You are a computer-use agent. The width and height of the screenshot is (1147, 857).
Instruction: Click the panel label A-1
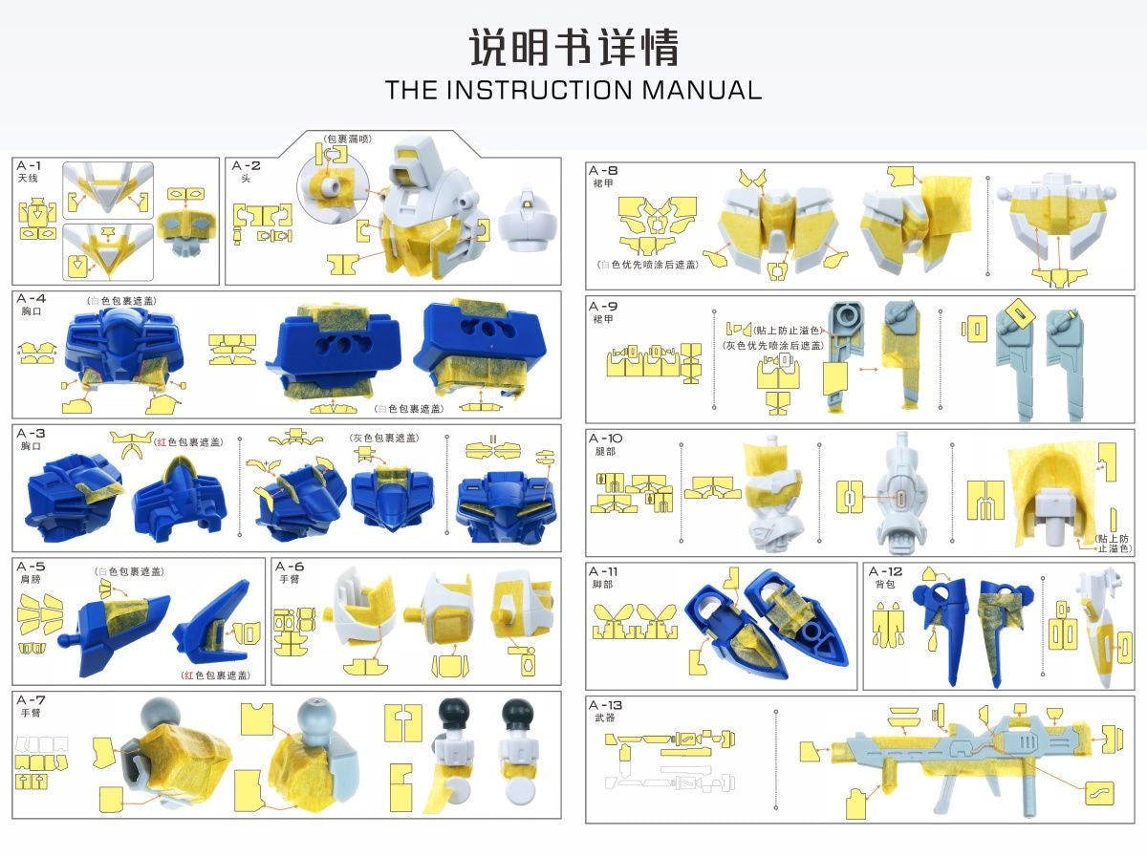[x=29, y=165]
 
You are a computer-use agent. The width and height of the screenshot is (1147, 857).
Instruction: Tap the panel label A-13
[x=608, y=705]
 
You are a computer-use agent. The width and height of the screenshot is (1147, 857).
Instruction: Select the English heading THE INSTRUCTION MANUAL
[x=573, y=91]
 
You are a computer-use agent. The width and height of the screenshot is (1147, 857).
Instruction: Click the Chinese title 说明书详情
[x=573, y=47]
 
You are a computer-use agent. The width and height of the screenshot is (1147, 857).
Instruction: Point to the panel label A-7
[x=32, y=699]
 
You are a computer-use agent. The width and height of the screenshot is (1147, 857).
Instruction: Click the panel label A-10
[x=608, y=439]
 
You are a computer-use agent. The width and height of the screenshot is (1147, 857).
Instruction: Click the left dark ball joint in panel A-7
[x=450, y=714]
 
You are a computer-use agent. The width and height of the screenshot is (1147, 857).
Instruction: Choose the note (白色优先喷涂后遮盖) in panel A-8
[x=646, y=265]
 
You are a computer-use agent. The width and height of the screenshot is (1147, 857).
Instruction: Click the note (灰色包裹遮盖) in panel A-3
[x=383, y=439]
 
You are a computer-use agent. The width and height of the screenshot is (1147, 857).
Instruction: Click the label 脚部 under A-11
[x=602, y=585]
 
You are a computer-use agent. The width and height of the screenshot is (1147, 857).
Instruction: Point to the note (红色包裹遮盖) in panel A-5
[x=216, y=675]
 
